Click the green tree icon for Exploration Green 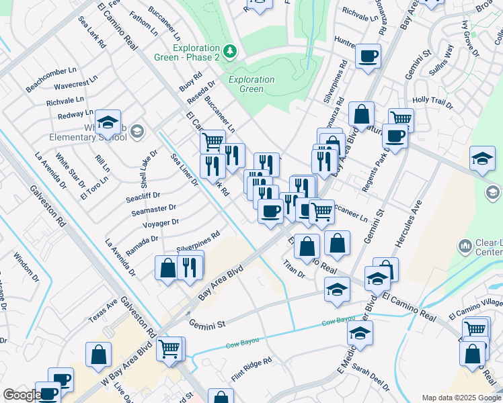[230, 51]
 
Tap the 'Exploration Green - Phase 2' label [196, 53]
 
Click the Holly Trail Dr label [432, 101]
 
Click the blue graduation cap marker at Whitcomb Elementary [108, 123]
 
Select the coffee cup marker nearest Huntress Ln [368, 56]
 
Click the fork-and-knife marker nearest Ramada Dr [190, 267]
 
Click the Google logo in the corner [22, 395]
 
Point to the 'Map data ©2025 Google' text [461, 398]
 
